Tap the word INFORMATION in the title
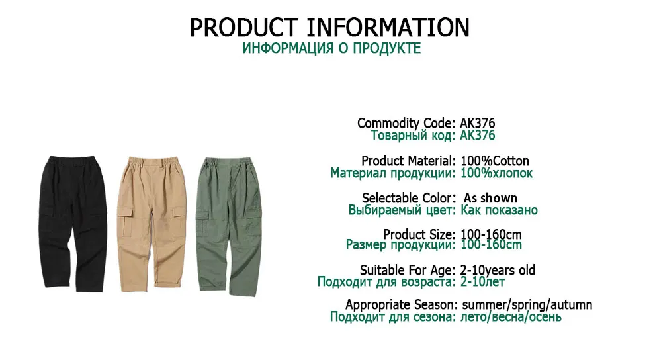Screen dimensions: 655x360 tap(388, 28)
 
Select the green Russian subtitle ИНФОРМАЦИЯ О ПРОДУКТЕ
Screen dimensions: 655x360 tap(331, 48)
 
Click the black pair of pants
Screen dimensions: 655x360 tap(73, 224)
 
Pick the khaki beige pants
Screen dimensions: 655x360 tap(152, 224)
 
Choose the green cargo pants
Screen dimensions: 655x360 tap(229, 226)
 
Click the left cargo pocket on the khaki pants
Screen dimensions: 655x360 tap(125, 220)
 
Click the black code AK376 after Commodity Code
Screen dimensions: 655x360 tap(478, 123)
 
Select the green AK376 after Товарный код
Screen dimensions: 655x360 tap(478, 135)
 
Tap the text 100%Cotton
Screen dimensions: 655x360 tap(495, 161)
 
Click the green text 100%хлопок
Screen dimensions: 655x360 tap(496, 173)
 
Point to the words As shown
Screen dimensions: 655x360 tap(490, 198)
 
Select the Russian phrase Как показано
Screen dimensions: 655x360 tap(499, 210)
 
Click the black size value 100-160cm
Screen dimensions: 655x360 tap(491, 234)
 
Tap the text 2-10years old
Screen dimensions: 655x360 tap(498, 270)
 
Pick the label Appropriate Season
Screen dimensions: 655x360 tap(400, 305)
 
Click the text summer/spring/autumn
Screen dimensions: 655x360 tap(527, 305)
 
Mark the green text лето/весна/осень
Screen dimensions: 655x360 tap(511, 317)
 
